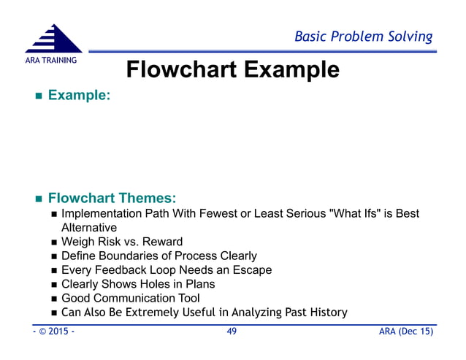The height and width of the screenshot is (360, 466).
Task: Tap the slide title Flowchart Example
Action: [x=232, y=70]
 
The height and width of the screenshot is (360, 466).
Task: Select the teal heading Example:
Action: [x=79, y=96]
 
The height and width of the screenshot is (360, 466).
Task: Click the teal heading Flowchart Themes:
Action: [x=113, y=198]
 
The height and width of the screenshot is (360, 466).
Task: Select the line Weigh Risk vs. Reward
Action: [x=122, y=242]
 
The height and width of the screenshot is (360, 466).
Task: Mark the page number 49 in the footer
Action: [x=232, y=333]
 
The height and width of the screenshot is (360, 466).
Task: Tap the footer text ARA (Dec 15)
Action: [x=405, y=333]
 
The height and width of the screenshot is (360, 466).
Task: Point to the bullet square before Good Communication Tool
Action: [x=54, y=299]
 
